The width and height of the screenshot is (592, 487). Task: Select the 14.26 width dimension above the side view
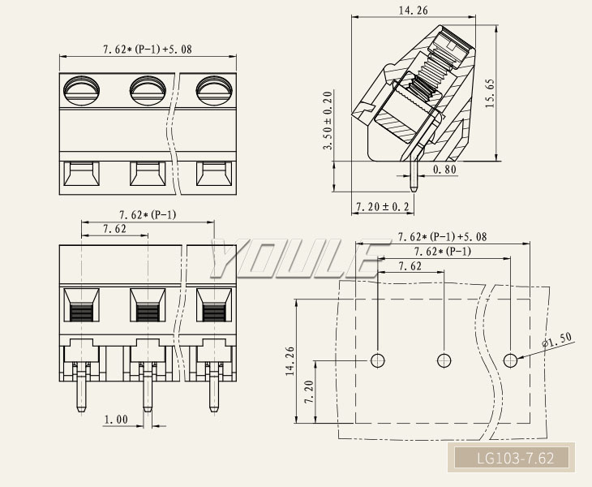414,11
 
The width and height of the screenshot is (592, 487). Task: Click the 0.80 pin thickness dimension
444,169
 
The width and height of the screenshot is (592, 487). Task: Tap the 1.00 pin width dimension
115,420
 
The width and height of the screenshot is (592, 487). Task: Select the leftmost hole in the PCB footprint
378,360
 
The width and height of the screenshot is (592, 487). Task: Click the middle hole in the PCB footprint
444,360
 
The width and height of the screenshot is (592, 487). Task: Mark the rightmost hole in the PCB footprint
510,360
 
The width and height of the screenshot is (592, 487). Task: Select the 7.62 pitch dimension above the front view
114,230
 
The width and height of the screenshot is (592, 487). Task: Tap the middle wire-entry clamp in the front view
148,306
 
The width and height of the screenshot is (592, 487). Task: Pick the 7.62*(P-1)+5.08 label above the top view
147,50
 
